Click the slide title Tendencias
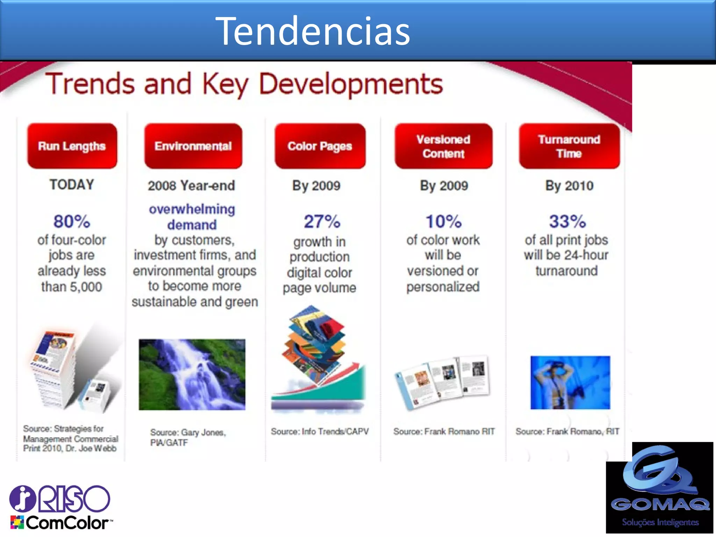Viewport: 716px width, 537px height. tap(313, 31)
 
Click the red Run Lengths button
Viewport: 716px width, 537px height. tap(72, 146)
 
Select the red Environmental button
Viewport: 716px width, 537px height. tap(193, 146)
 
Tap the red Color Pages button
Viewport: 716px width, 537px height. tap(320, 146)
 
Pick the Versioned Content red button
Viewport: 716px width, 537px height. tap(443, 146)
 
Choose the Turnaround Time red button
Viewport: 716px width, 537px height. tap(569, 146)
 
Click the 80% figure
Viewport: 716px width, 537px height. tap(72, 221)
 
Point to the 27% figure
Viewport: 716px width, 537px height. tap(322, 221)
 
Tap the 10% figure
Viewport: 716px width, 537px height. tap(443, 221)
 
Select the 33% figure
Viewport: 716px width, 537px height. tap(567, 221)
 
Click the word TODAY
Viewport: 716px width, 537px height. tap(72, 185)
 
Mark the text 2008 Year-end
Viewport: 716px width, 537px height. tap(191, 186)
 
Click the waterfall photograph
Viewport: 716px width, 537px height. tap(192, 374)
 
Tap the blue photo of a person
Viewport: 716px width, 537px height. tap(570, 382)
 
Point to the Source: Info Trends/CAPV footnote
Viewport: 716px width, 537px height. tap(320, 431)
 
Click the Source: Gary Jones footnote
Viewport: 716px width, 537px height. tap(188, 437)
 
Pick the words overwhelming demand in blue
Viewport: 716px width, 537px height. tap(192, 217)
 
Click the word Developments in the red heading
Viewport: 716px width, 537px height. tap(351, 84)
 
